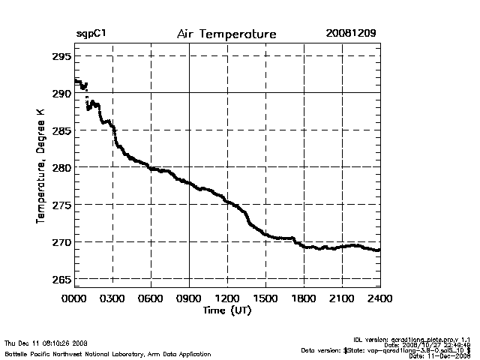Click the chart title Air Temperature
point(226,34)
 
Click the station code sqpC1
point(90,34)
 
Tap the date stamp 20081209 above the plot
point(351,34)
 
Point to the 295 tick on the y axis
point(61,56)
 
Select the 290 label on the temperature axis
point(61,93)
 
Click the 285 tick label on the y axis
point(61,130)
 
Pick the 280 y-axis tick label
point(61,167)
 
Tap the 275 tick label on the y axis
point(61,205)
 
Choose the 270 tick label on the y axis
point(61,242)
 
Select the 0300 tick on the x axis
point(112,298)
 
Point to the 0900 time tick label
point(189,298)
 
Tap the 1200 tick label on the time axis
point(227,298)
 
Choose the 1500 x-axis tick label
point(265,298)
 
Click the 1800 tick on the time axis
point(304,298)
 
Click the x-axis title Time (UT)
point(226,310)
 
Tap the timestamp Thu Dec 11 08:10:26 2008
point(46,343)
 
